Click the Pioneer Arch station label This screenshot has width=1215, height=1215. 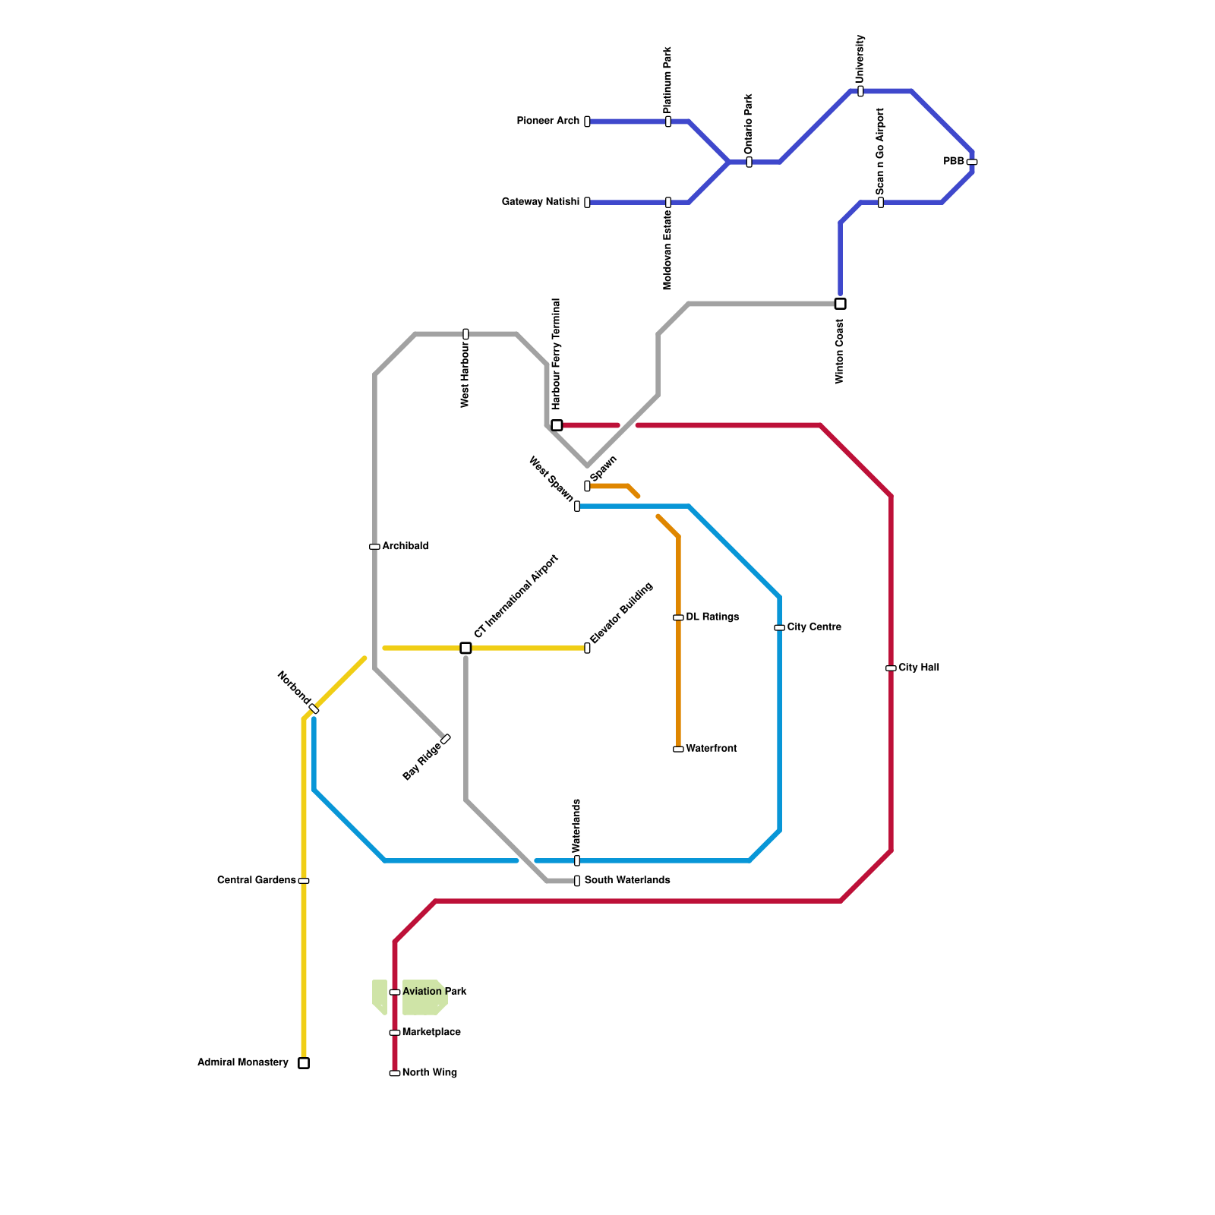[548, 121]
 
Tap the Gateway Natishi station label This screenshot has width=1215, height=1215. [540, 202]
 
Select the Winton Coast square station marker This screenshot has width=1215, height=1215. [840, 304]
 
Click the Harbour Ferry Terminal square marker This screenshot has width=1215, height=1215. [557, 425]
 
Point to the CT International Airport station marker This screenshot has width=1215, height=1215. [465, 648]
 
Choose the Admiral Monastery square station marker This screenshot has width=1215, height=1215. [304, 1063]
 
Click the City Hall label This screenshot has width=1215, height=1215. [919, 668]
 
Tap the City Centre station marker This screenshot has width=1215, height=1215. [779, 627]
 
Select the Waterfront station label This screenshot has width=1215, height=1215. [711, 749]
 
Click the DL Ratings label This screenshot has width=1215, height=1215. [712, 617]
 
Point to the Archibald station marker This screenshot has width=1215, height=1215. [374, 547]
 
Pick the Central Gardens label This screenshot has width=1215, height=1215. [256, 881]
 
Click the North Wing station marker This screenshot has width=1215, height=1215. [395, 1073]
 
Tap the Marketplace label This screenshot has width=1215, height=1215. [431, 1033]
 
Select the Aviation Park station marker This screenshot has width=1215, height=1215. [395, 992]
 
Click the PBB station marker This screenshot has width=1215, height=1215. [972, 162]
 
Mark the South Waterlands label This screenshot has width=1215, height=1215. [627, 881]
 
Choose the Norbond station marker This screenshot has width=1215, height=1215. [314, 708]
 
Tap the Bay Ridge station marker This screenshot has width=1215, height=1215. [446, 739]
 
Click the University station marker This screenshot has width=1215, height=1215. [860, 91]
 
